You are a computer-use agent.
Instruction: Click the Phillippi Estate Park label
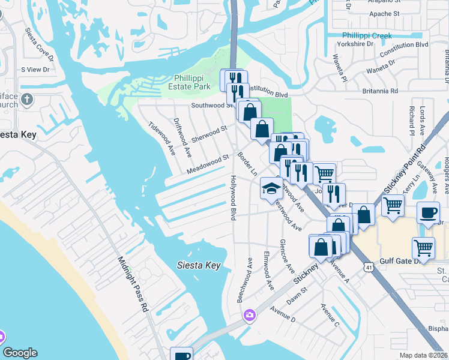click(x=192, y=82)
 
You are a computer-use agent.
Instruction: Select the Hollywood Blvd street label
click(x=233, y=197)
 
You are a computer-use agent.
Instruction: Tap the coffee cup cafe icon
click(x=428, y=213)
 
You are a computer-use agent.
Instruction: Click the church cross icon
click(x=27, y=99)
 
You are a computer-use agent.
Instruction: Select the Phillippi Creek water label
click(x=366, y=36)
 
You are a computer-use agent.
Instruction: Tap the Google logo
click(x=20, y=353)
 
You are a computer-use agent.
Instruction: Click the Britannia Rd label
click(x=380, y=91)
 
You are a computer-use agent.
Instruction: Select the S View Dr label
click(x=34, y=70)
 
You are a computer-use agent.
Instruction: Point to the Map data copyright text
click(x=424, y=355)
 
